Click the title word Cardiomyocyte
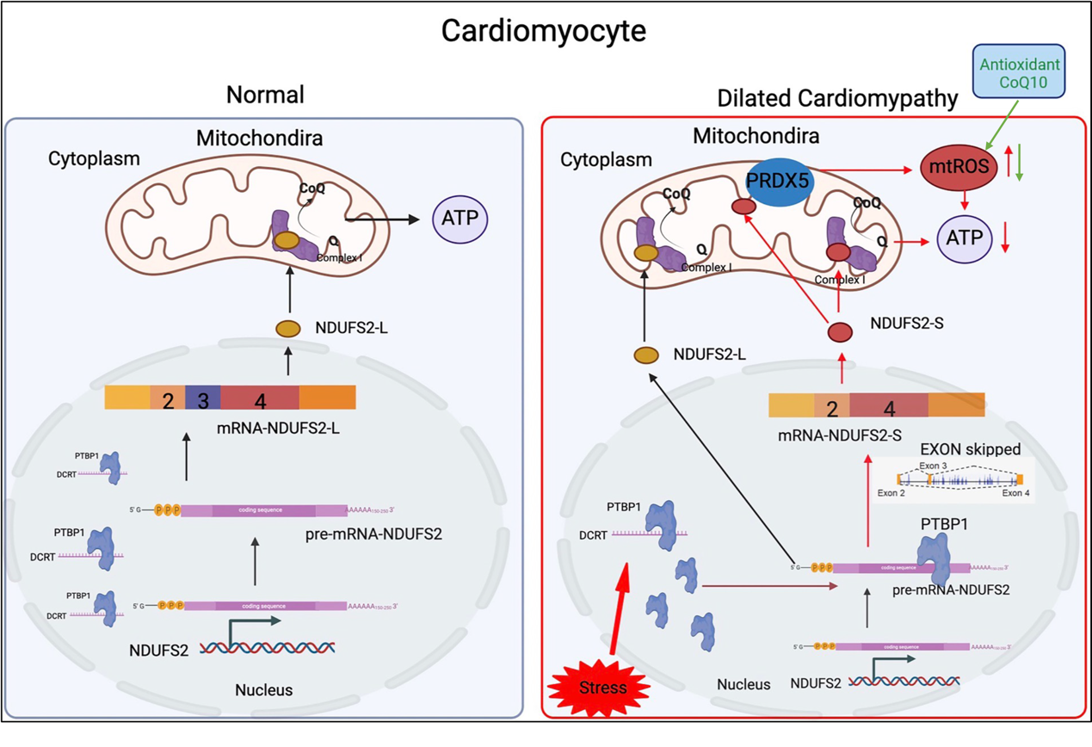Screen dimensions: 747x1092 click(543, 31)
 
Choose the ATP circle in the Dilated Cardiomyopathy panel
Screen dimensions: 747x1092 click(964, 238)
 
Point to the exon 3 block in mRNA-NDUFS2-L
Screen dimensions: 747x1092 click(204, 398)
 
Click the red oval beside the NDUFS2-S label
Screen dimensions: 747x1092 click(839, 332)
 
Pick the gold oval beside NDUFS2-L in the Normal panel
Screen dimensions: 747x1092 click(287, 329)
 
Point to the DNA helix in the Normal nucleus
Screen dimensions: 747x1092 click(268, 647)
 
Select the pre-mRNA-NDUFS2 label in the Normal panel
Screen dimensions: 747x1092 click(373, 534)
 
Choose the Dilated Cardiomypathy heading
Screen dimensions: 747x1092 click(836, 99)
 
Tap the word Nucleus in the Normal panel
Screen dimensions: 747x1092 click(263, 689)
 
